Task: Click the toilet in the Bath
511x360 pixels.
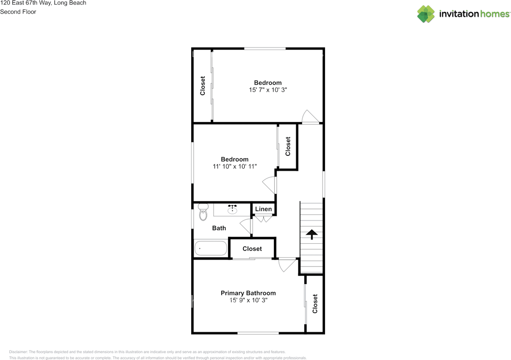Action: tap(203, 212)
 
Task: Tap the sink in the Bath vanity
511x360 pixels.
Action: tap(232, 209)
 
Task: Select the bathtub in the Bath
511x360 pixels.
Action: tap(211, 248)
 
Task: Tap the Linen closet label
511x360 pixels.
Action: tap(263, 209)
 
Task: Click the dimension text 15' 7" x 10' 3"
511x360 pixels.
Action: tap(268, 90)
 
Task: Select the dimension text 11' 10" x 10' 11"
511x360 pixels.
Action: tap(235, 166)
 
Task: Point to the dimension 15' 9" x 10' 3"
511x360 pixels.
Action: tap(248, 300)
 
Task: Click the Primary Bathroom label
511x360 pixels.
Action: tap(248, 293)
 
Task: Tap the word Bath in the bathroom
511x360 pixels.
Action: tap(219, 228)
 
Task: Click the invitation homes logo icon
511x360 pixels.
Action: tap(426, 14)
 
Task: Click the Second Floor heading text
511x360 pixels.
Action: tap(18, 12)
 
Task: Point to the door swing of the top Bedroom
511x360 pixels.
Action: tap(309, 117)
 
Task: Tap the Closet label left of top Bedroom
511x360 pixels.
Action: tap(203, 86)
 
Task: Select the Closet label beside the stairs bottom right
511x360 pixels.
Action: tap(315, 304)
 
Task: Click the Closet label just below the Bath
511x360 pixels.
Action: tap(252, 249)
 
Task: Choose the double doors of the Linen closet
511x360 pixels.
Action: tap(263, 219)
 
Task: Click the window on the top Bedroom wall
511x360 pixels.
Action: tap(265, 49)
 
